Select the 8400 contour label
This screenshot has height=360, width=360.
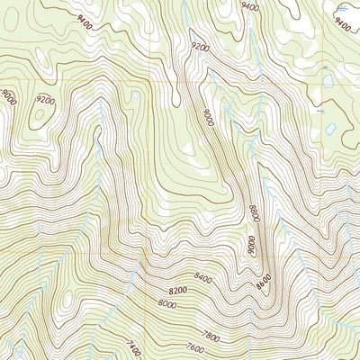[202, 279]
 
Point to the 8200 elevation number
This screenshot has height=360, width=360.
[177, 291]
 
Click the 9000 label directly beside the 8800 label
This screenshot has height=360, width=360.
[252, 243]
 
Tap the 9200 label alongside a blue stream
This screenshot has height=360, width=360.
[201, 44]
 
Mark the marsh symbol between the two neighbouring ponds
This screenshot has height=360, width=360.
[320, 110]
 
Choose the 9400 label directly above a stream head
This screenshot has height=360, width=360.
[251, 6]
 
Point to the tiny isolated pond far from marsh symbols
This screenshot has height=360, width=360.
[135, 94]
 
